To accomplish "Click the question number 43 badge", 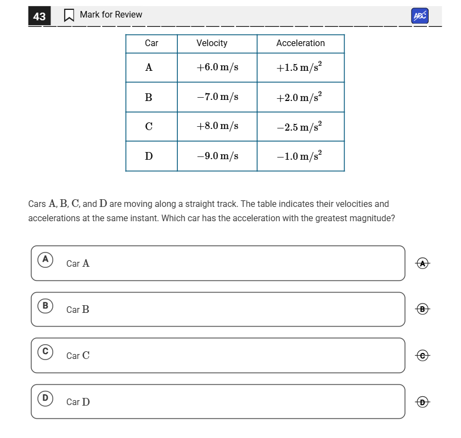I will [40, 16].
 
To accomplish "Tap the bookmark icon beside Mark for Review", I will [69, 15].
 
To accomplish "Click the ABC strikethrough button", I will [419, 16].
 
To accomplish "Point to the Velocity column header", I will [212, 43].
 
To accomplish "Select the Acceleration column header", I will [300, 43].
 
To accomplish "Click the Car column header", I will [151, 43].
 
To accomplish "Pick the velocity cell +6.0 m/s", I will [217, 68].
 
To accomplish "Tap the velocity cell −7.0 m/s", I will [217, 97].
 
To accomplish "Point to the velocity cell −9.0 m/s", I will [217, 156].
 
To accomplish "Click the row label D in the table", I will [149, 156].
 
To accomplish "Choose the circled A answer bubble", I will [46, 259].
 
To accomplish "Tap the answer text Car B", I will [78, 310].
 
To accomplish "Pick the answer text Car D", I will [78, 402].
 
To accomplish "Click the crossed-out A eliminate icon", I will [422, 263].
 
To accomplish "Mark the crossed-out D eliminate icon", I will [422, 402].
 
